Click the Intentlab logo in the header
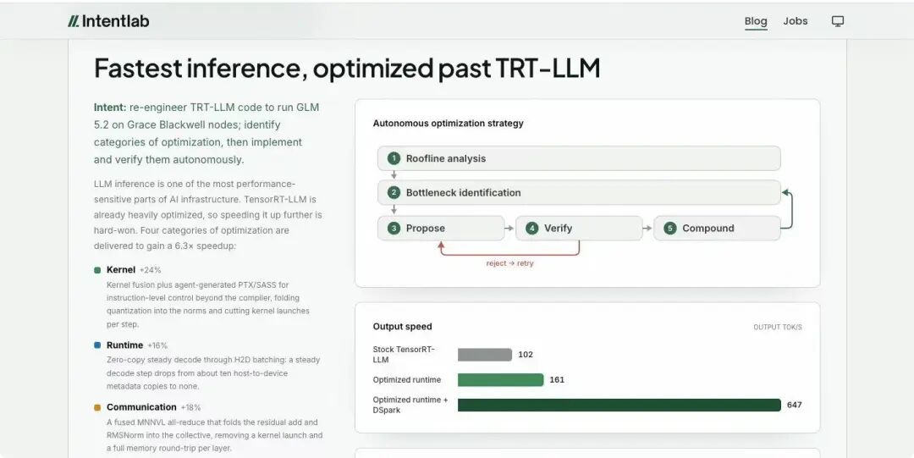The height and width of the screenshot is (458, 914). pos(108,21)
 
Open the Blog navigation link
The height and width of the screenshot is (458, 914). pos(756,21)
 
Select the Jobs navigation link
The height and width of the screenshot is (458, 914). pos(795,21)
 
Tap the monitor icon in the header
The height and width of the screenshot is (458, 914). pos(838,21)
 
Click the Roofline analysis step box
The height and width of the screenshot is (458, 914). pos(579,158)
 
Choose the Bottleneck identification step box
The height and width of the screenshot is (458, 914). pos(579,192)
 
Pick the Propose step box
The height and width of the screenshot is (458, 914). pos(441,228)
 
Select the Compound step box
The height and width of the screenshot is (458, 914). pos(717,228)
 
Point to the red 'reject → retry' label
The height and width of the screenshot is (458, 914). pos(510,263)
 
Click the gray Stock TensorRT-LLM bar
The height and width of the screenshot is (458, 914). pos(484,355)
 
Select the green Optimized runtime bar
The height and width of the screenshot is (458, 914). pos(500,380)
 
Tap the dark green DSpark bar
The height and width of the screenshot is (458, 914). pos(619,405)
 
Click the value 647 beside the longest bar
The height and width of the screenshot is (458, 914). pos(795,405)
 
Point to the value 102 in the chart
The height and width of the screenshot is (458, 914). pos(526,355)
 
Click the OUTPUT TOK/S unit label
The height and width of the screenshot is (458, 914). pos(778,328)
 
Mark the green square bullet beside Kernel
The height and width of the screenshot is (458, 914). pos(97,270)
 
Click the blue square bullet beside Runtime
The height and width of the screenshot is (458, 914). pos(97,345)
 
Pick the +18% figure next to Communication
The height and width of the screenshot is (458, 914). pos(190,407)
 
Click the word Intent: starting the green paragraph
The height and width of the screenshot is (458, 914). pos(110,108)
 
